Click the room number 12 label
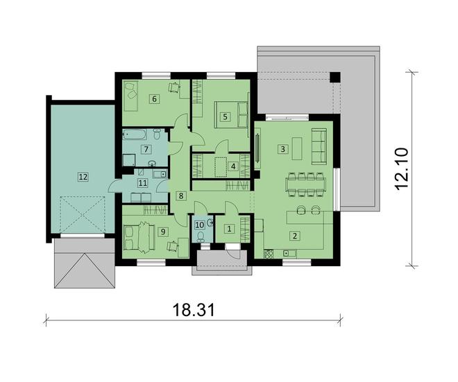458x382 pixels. click(83, 177)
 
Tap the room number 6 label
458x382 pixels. click(154, 99)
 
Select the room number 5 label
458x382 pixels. click(225, 116)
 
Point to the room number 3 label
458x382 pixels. click(282, 150)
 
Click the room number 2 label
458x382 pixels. click(294, 236)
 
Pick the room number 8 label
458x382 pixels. click(181, 196)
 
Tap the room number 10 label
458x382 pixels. click(200, 225)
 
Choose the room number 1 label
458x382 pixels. click(229, 229)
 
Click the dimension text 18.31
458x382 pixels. click(194, 310)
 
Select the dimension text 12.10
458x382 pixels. click(402, 168)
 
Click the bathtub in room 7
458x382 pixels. click(135, 134)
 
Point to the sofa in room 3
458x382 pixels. click(319, 146)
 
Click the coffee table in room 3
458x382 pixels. click(297, 148)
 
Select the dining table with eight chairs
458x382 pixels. click(305, 185)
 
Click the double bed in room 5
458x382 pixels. click(231, 114)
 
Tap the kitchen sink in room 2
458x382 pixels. click(289, 253)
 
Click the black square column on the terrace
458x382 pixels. click(335, 77)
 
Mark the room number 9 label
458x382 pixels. click(163, 232)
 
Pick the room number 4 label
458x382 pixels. click(232, 166)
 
